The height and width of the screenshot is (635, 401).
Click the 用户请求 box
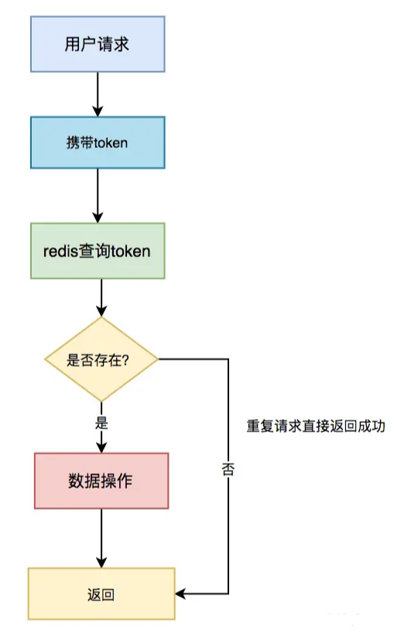pyautogui.click(x=98, y=44)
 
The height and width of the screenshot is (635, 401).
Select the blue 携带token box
pyautogui.click(x=98, y=142)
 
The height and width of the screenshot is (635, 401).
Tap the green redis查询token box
pyautogui.click(x=98, y=251)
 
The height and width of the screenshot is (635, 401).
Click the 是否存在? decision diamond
pyautogui.click(x=101, y=359)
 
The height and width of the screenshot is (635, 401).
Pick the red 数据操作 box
pyautogui.click(x=101, y=481)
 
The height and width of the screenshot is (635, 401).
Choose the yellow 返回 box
pyautogui.click(x=101, y=594)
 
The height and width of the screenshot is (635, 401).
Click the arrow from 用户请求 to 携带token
pyautogui.click(x=98, y=94)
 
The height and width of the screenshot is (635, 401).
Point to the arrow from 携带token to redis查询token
pyautogui.click(x=98, y=196)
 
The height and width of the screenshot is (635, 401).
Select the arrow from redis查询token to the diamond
pyautogui.click(x=101, y=297)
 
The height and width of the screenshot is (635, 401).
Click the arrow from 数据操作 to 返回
pyautogui.click(x=101, y=538)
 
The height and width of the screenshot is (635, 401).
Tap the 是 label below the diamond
pyautogui.click(x=101, y=423)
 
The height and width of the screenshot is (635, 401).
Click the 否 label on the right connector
pyautogui.click(x=228, y=469)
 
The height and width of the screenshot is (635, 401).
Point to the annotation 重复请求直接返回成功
pyautogui.click(x=316, y=426)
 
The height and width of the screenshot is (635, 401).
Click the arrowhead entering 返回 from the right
pyautogui.click(x=180, y=594)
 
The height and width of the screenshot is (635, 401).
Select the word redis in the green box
pyautogui.click(x=60, y=251)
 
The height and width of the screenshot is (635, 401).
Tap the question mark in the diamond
pyautogui.click(x=125, y=359)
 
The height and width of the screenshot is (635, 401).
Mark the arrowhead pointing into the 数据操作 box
pyautogui.click(x=101, y=447)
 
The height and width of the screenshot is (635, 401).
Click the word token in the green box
pyautogui.click(x=131, y=251)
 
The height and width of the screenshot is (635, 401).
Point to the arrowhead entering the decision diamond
pyautogui.click(x=101, y=311)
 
